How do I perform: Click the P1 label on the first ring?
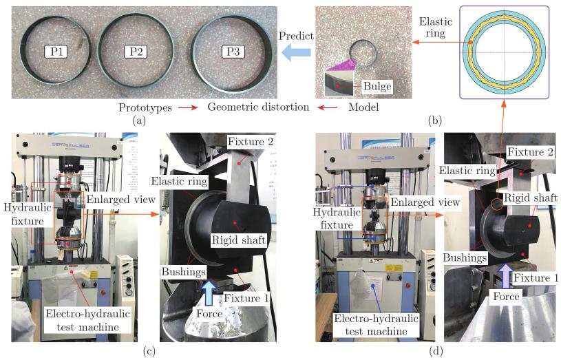coord(54,51)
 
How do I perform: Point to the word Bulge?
coord(377,86)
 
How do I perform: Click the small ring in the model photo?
coord(363,52)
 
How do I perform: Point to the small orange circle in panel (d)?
coord(496,204)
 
